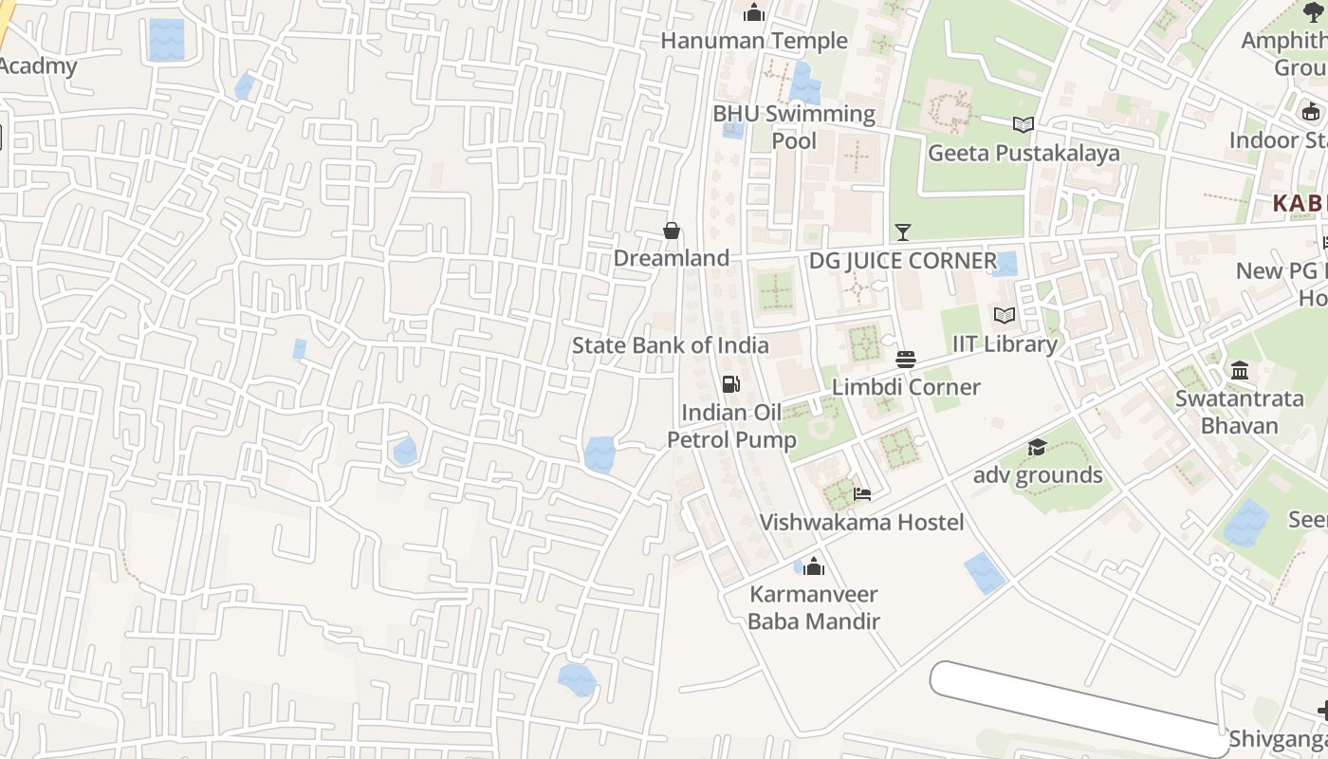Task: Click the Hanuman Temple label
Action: [x=754, y=41]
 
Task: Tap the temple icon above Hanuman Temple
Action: [x=754, y=12]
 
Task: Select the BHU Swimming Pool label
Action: [x=794, y=127]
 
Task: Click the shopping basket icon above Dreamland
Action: [x=672, y=231]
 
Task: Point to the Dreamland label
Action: [x=672, y=258]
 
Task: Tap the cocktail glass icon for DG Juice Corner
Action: [x=902, y=232]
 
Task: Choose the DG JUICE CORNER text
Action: [x=902, y=261]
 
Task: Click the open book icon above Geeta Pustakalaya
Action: [x=1023, y=124]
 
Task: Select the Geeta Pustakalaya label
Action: [x=1023, y=153]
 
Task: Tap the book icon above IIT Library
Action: [x=1005, y=315]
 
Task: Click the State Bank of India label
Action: [x=670, y=345]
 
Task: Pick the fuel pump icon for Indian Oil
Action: [x=731, y=383]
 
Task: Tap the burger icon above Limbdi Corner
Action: [x=906, y=360]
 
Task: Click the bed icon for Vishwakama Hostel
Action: [x=862, y=493]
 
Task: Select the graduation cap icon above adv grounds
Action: [x=1038, y=447]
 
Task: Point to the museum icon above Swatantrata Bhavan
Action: [x=1240, y=370]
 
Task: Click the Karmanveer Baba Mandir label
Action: [x=814, y=607]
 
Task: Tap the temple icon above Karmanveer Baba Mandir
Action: [x=814, y=566]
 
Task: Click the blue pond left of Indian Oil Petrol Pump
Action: [x=599, y=454]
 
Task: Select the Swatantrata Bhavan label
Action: [x=1240, y=412]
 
